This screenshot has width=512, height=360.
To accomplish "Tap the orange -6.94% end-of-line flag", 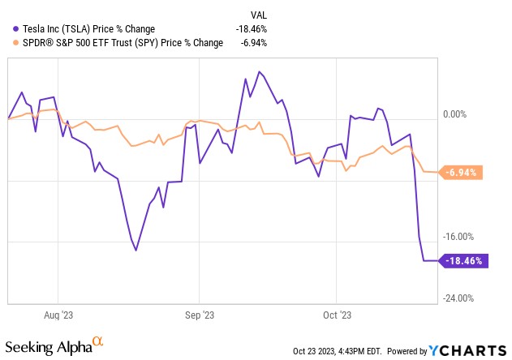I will pyautogui.click(x=463, y=173).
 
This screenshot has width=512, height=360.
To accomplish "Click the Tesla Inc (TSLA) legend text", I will pyautogui.click(x=90, y=28).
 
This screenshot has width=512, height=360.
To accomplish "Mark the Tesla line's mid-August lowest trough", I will pyautogui.click(x=136, y=250).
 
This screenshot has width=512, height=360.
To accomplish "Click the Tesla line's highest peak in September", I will pyautogui.click(x=259, y=72).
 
